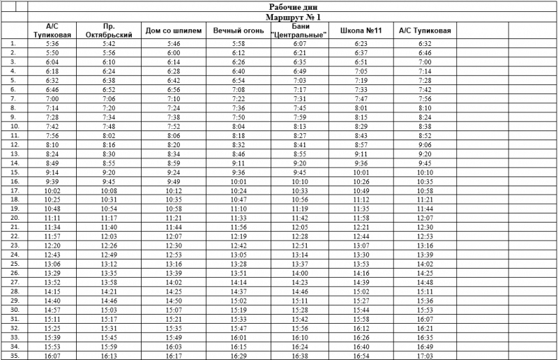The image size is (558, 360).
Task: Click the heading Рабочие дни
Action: coord(293,7)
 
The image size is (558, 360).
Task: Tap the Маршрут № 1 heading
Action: coord(293,17)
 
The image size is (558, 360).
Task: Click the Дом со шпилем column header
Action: coord(174,31)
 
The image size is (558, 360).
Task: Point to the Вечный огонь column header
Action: coord(239,31)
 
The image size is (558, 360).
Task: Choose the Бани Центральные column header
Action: coord(301,31)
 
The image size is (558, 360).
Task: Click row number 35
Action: coord(13,356)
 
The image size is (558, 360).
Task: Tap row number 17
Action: coord(13,190)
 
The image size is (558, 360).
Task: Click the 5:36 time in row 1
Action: coord(52,43)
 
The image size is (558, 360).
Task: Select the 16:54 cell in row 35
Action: coord(361,356)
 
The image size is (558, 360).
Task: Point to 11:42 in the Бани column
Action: coord(301,218)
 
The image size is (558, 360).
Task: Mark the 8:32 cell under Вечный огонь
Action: coord(239,144)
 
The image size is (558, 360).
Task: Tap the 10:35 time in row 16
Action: coord(425,181)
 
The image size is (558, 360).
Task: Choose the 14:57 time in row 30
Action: coord(52,310)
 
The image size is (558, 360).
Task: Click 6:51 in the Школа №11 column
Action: coord(361,61)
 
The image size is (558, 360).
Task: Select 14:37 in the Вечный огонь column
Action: coord(239,292)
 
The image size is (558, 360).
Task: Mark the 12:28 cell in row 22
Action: coord(301,237)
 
